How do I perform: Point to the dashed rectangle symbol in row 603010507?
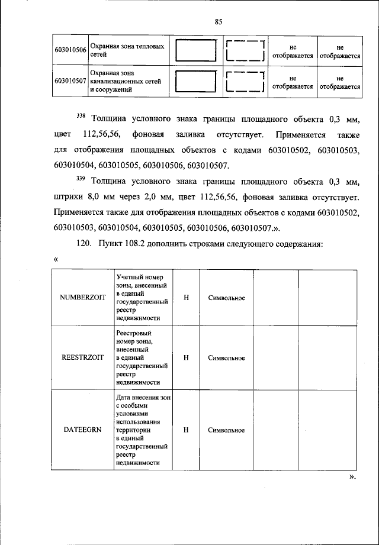click(x=245, y=81)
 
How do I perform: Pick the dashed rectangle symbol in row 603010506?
click(x=245, y=50)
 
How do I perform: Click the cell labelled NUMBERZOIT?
click(x=82, y=298)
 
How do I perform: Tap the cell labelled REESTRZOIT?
click(x=82, y=357)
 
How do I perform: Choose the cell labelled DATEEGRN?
click(x=82, y=430)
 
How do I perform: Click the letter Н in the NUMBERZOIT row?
click(x=186, y=298)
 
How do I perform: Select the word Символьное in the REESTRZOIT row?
click(x=226, y=357)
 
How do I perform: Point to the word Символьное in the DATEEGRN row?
click(x=226, y=430)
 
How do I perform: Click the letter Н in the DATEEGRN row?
click(x=186, y=430)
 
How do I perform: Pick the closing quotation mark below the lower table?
click(x=352, y=476)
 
